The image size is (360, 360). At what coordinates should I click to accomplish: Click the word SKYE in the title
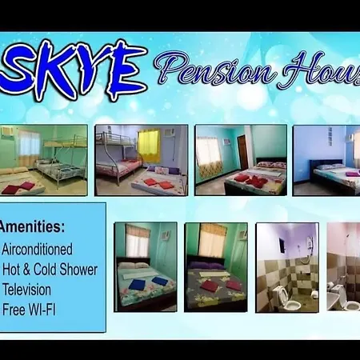tap(73, 70)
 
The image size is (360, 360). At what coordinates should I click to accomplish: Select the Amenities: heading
tap(32, 226)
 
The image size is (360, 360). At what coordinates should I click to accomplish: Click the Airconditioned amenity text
tap(37, 249)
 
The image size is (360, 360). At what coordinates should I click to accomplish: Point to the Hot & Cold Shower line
tap(50, 270)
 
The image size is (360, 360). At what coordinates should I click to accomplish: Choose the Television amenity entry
tap(26, 290)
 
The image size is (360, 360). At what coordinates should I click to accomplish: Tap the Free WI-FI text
tap(29, 310)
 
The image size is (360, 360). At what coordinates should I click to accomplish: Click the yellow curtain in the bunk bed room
tap(149, 146)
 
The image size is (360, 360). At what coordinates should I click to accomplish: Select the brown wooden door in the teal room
tap(242, 152)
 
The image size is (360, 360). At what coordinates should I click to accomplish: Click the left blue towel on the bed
tap(137, 284)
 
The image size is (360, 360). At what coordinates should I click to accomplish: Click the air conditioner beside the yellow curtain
tap(169, 133)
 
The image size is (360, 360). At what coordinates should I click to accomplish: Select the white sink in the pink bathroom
tap(334, 300)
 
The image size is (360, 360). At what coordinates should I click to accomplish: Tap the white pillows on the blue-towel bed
tap(134, 266)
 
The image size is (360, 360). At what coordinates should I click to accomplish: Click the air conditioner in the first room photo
tap(6, 131)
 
